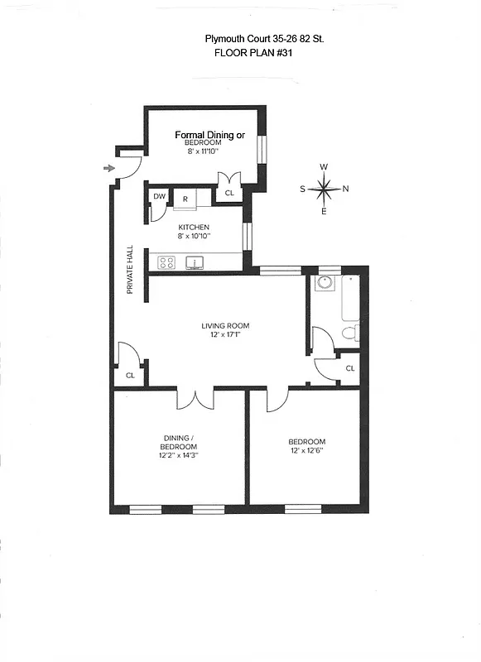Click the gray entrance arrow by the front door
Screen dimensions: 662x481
click(108, 169)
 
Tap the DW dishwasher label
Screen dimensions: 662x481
click(160, 197)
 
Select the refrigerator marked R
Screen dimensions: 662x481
click(185, 199)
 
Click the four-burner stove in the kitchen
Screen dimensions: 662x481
click(166, 263)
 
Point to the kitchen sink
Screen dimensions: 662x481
click(195, 263)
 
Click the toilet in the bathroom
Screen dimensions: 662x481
click(350, 333)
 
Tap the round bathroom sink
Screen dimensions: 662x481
click(324, 283)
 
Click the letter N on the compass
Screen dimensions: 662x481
click(345, 189)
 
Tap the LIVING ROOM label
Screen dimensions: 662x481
click(225, 325)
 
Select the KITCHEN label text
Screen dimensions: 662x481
click(193, 228)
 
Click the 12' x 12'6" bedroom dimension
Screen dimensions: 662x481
click(306, 451)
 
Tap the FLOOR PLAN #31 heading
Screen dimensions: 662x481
click(253, 52)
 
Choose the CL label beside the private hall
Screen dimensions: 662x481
click(130, 375)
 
